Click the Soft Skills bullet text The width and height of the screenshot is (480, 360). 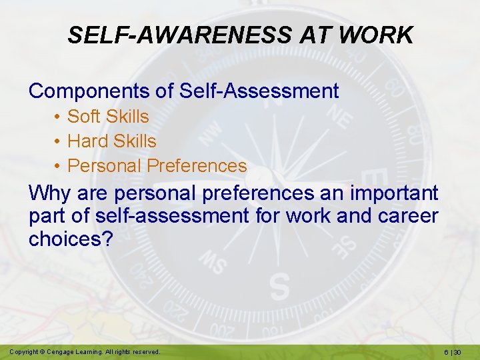(108, 116)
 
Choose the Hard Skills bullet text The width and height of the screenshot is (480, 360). (112, 141)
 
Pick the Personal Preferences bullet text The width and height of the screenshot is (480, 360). (157, 166)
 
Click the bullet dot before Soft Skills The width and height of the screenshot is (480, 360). (58, 117)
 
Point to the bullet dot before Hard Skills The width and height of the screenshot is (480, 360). (58, 142)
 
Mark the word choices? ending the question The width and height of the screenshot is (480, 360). (70, 239)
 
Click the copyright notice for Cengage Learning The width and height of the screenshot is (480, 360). (85, 351)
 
